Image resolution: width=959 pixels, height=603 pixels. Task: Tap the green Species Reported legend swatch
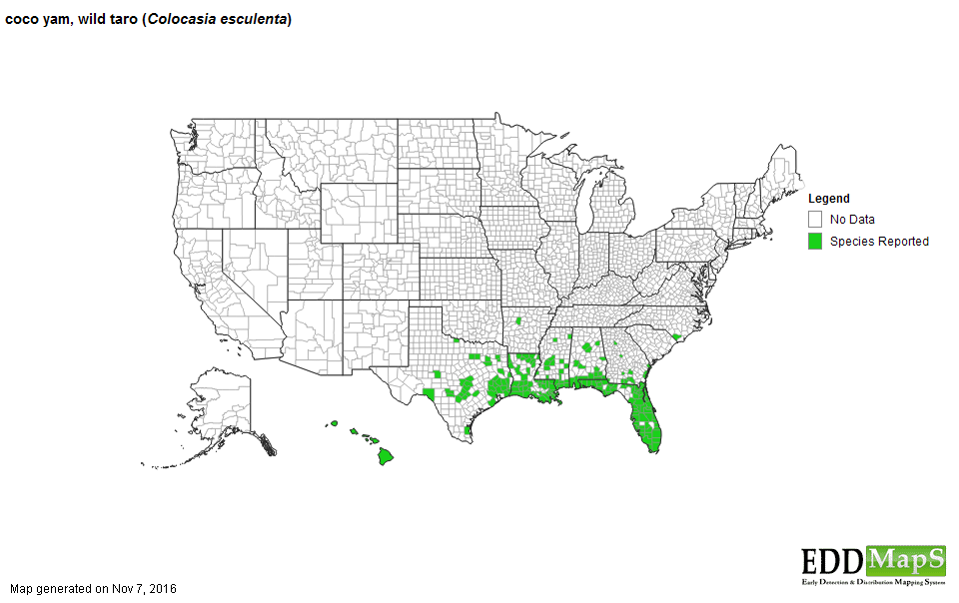click(x=816, y=241)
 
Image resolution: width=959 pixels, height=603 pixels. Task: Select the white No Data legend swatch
click(x=816, y=219)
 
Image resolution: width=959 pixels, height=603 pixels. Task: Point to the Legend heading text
click(x=829, y=199)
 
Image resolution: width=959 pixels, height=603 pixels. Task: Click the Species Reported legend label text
click(x=879, y=242)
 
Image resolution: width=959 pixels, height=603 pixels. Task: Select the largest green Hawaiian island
click(x=385, y=457)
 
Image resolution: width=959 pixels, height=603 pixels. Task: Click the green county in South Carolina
click(x=678, y=338)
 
